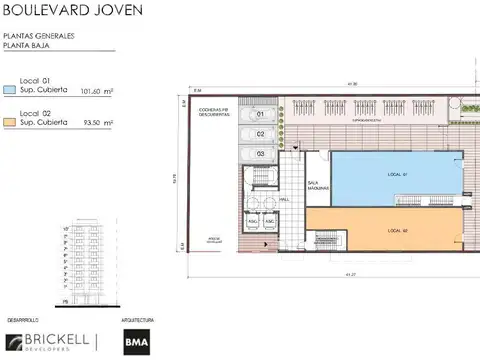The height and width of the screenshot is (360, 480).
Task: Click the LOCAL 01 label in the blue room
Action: pyautogui.click(x=398, y=175)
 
